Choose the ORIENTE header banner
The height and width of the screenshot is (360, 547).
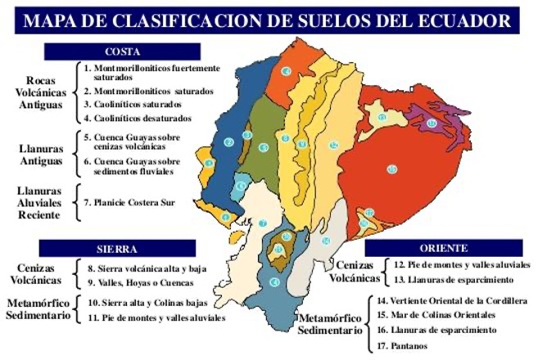point(445,248)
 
